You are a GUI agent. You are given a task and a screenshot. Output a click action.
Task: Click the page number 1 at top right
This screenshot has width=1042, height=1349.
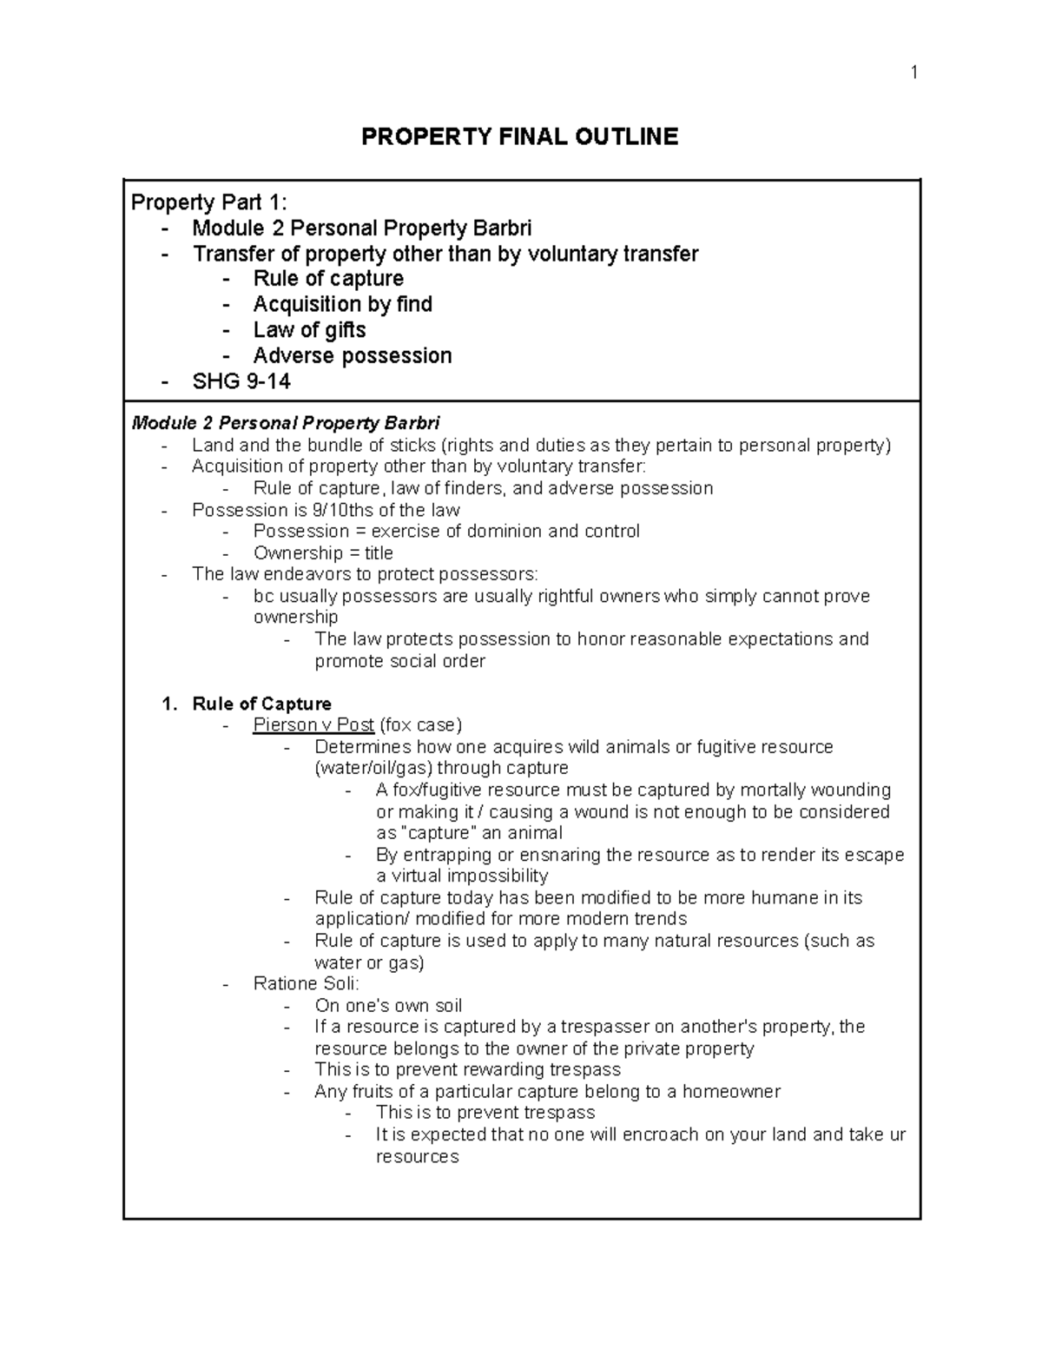click(x=913, y=72)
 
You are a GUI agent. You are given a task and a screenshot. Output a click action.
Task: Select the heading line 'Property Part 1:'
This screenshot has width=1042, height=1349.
click(x=208, y=202)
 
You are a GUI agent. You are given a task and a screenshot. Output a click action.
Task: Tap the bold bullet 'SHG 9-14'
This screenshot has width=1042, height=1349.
click(x=241, y=381)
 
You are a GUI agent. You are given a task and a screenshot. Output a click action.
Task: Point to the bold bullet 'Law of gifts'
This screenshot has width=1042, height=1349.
click(x=309, y=330)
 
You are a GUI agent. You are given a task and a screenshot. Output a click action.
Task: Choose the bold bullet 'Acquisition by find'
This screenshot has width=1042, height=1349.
click(x=342, y=304)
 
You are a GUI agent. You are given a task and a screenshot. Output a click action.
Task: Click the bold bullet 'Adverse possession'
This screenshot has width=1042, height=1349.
click(x=352, y=356)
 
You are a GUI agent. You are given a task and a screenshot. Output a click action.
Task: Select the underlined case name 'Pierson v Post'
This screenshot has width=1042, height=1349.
click(x=313, y=725)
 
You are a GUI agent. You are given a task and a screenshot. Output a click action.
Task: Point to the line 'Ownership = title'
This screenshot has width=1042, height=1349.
click(x=323, y=553)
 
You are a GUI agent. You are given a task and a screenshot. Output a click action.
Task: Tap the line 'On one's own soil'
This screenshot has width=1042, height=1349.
click(x=388, y=1006)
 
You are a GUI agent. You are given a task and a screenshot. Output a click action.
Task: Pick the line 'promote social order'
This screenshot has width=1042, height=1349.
click(x=399, y=661)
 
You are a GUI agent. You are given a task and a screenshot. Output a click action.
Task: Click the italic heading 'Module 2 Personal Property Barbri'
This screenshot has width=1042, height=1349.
click(x=285, y=424)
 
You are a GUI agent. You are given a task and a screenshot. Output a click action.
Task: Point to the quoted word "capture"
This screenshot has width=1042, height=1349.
click(x=440, y=833)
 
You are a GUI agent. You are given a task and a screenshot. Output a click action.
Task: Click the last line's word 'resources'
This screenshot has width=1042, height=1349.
click(x=417, y=1156)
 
